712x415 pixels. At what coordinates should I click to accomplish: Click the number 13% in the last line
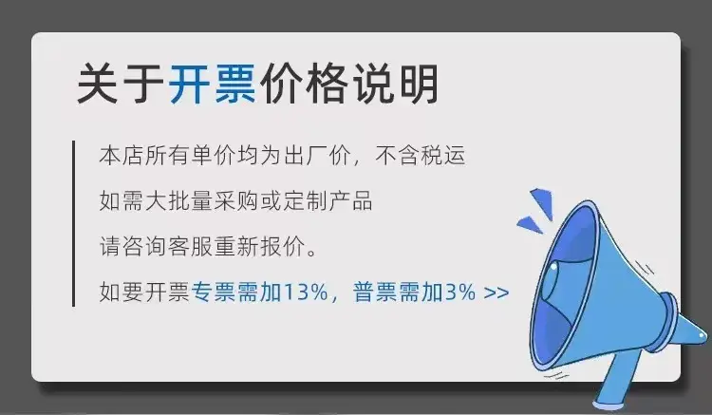point(305,292)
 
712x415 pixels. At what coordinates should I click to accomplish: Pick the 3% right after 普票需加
point(460,292)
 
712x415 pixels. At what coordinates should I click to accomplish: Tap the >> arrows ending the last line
point(497,292)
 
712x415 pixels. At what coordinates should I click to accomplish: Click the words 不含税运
point(421,156)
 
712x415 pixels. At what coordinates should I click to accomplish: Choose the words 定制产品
point(328,200)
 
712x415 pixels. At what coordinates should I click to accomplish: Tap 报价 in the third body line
point(283,247)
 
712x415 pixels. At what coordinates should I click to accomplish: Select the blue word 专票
point(214,292)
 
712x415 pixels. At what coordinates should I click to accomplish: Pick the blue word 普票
point(376,292)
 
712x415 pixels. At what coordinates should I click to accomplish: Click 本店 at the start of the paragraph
point(122,156)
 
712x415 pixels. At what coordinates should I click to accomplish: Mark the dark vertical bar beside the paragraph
point(73,223)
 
